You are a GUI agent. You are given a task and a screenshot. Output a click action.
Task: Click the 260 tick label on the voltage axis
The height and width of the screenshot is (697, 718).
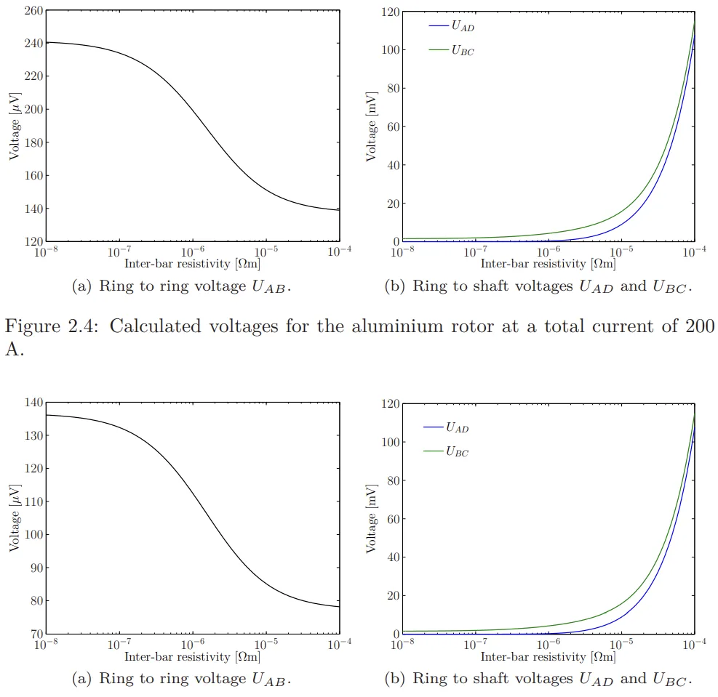(x=33, y=10)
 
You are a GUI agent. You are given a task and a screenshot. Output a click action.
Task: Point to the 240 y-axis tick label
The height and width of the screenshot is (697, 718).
(x=33, y=43)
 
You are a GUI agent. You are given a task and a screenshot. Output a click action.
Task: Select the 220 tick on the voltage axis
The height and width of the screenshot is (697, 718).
(x=33, y=76)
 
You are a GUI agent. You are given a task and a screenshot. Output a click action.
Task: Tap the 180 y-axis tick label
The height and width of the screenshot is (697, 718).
(x=33, y=142)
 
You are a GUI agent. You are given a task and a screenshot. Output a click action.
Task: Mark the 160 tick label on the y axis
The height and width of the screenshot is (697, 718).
(x=33, y=175)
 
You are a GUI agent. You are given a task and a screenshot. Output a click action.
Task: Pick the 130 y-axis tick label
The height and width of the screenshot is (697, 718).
(x=33, y=435)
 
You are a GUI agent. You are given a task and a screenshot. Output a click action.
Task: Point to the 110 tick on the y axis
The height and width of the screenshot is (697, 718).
(x=33, y=501)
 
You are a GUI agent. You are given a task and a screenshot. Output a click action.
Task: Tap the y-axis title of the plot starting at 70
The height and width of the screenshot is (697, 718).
(x=13, y=518)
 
